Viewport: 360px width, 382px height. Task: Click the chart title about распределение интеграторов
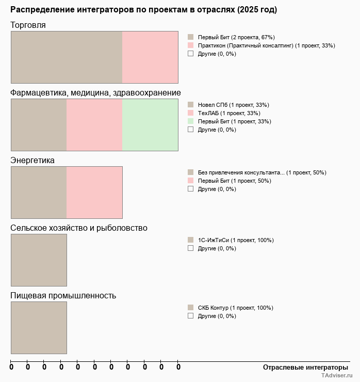tap(143, 10)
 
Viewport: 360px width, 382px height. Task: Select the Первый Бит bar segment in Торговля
tap(67, 57)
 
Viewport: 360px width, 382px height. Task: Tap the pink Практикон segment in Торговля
tap(150, 57)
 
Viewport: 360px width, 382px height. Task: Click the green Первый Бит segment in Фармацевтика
tap(150, 125)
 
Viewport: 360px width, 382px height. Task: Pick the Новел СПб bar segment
tap(39, 125)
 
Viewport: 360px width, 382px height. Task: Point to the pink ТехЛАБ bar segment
tap(94, 125)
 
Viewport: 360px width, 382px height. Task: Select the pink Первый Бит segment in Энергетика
tap(94, 193)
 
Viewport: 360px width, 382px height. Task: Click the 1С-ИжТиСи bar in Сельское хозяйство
tap(39, 260)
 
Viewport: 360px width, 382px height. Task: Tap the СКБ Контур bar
tap(39, 328)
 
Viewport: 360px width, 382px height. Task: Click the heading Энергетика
tap(32, 161)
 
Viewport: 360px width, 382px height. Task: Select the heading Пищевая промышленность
tap(63, 296)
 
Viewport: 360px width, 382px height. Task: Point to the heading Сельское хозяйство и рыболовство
tap(79, 228)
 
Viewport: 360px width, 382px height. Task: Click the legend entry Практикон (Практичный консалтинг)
tap(266, 45)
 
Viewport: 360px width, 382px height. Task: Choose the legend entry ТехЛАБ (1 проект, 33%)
tap(229, 113)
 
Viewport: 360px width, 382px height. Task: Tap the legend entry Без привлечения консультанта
tap(261, 172)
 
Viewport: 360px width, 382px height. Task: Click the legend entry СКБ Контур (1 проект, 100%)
tap(235, 308)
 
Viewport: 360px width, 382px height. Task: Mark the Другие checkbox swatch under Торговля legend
tap(190, 53)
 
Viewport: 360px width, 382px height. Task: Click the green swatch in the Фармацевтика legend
tap(190, 121)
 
